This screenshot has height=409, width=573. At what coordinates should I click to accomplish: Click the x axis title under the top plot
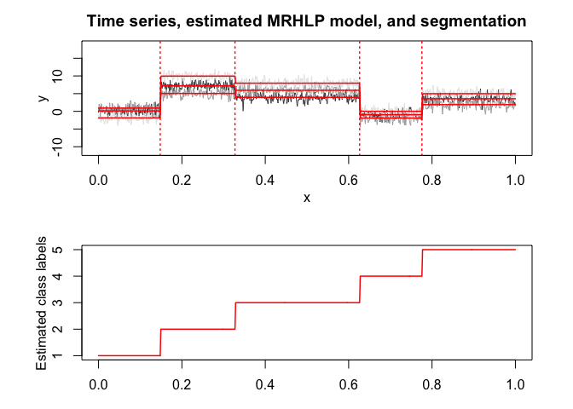point(307,198)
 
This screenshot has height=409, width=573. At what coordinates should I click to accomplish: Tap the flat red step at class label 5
point(469,250)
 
